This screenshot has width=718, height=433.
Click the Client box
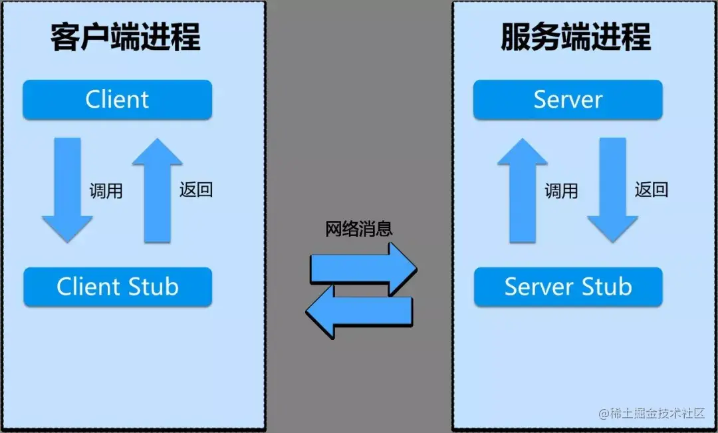click(x=117, y=100)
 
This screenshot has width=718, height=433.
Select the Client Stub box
click(x=117, y=287)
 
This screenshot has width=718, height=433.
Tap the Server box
click(x=568, y=100)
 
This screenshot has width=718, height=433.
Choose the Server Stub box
click(x=568, y=287)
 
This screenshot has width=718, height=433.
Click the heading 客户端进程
click(x=125, y=38)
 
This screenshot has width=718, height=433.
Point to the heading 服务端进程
click(x=576, y=38)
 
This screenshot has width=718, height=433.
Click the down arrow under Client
click(x=67, y=190)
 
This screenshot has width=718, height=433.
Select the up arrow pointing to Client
click(x=157, y=190)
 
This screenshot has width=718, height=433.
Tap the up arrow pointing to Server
click(x=523, y=190)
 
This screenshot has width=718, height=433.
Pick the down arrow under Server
click(x=612, y=190)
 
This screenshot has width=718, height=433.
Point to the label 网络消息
click(x=359, y=229)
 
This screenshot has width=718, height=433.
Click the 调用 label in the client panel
click(x=106, y=191)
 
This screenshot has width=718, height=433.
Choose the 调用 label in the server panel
click(x=562, y=191)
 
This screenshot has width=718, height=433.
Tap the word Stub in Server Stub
click(x=606, y=287)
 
